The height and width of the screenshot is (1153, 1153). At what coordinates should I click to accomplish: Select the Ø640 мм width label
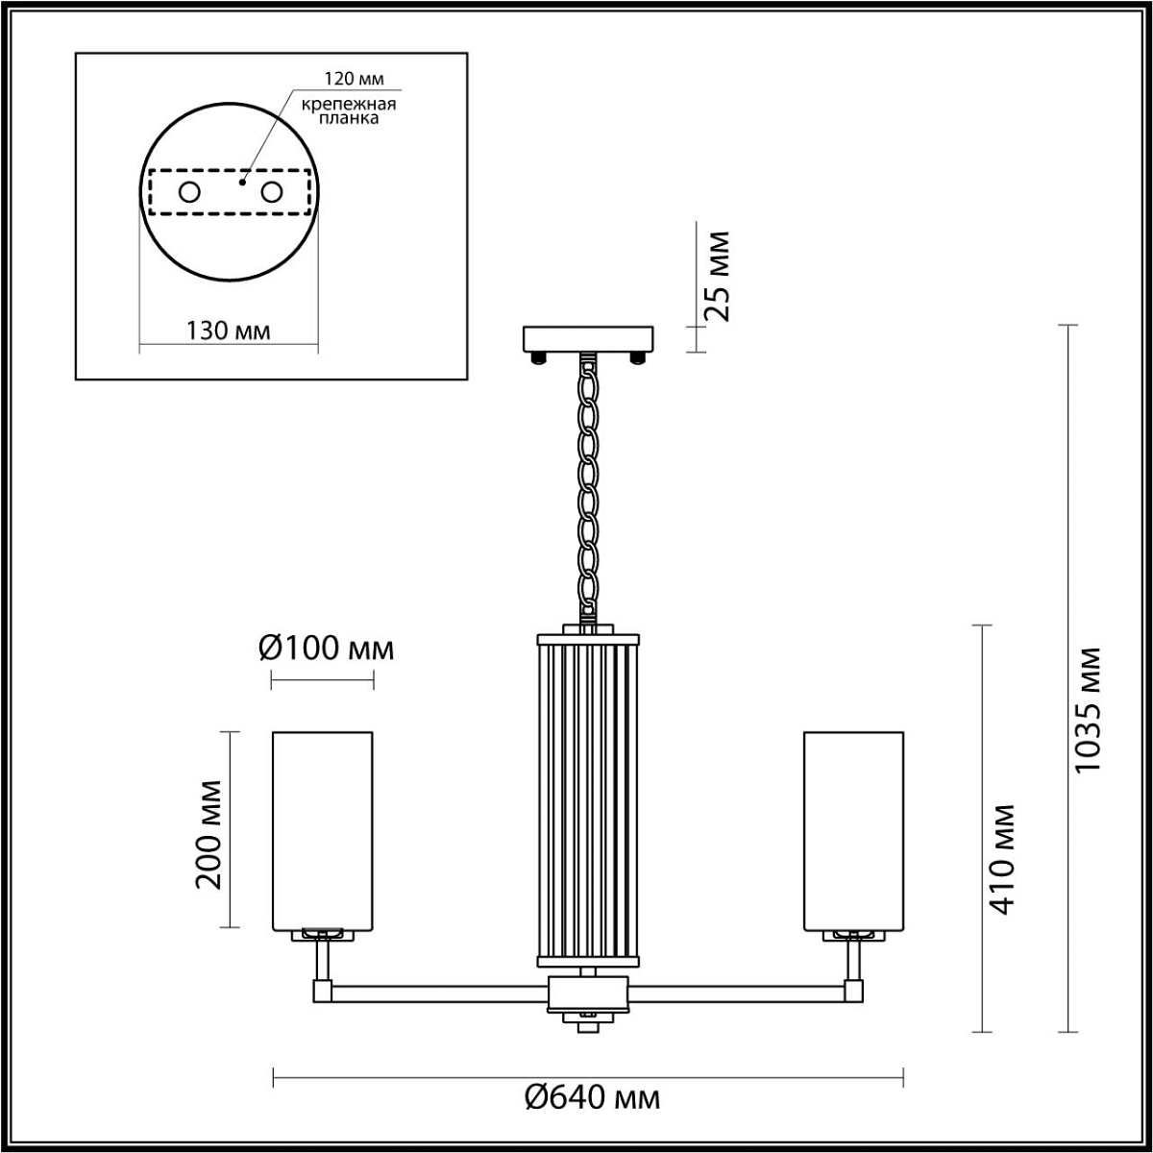coord(593,1098)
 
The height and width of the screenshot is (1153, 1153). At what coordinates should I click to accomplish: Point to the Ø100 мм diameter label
coord(326,648)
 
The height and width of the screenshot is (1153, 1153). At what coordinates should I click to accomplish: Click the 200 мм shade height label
coord(209,835)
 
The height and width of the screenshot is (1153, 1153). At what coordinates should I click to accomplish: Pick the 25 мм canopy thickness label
coord(717,277)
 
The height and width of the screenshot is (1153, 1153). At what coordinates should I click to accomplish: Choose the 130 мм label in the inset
coord(229,331)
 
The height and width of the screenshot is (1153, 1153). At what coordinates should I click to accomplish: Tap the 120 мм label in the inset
coord(354,79)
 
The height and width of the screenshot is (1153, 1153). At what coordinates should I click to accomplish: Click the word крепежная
coord(348,104)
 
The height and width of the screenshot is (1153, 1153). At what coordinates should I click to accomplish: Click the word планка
coord(348,118)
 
